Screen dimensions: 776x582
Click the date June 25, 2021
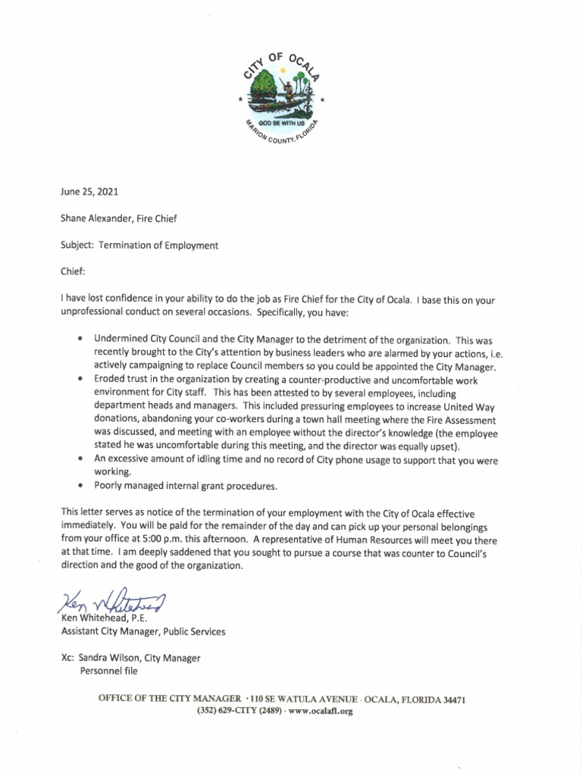89,192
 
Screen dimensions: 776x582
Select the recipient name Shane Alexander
95,218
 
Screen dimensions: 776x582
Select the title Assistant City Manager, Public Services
142,631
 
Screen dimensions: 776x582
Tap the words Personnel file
109,671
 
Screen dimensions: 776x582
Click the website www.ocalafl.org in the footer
321,712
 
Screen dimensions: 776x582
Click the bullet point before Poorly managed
80,485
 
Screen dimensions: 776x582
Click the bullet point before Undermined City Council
80,340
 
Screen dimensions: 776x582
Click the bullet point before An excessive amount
80,460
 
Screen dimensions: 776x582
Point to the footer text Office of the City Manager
171,699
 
